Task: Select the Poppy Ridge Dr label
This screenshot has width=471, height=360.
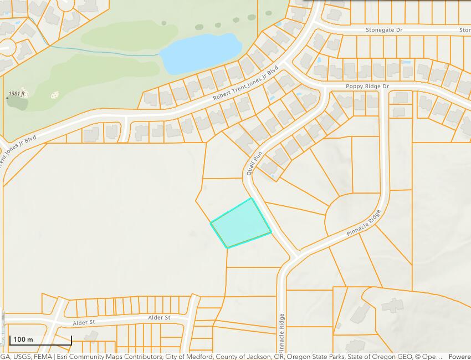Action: point(367,87)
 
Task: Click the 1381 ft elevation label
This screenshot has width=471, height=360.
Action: point(17,94)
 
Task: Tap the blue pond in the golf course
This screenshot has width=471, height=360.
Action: point(201,54)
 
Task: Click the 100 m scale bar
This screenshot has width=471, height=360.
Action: point(40,340)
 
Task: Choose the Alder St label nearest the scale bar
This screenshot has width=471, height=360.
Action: point(84,322)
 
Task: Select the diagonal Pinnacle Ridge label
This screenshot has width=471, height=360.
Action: point(364,224)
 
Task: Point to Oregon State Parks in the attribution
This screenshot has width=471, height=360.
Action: point(315,357)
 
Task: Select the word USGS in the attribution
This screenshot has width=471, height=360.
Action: point(20,357)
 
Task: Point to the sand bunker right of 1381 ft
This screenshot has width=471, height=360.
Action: point(54,95)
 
